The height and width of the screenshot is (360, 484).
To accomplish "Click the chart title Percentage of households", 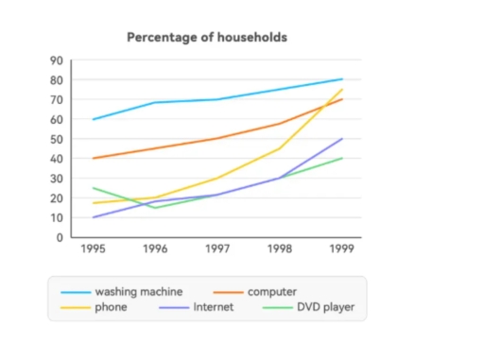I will pos(207,37).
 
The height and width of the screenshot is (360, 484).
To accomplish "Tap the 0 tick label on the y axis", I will pos(59,237).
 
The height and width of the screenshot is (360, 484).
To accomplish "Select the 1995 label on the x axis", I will pos(92,251).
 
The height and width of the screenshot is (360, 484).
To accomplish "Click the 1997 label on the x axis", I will pos(217,251).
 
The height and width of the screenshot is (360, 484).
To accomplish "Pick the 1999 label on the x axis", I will pos(342,251).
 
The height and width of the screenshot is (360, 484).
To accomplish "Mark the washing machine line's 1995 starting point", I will pos(93,119).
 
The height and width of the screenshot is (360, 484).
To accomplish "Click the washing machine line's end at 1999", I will pos(342,79).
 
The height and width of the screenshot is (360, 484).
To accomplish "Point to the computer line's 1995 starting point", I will pos(93,158).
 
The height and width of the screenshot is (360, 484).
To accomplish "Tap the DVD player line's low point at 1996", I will pos(155,207).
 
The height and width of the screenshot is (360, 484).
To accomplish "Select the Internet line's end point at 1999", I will pos(342,139).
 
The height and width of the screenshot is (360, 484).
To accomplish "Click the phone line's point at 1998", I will pos(280,148).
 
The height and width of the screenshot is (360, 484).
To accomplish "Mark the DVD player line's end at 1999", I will pos(342,158).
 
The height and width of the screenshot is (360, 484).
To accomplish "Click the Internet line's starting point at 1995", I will pos(93,217).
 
